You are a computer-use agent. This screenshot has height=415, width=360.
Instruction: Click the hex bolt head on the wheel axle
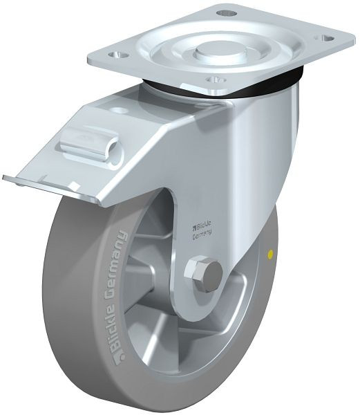click(203, 272)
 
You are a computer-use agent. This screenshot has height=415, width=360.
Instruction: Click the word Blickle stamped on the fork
click(202, 224)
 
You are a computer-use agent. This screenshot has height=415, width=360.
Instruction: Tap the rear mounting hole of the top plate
click(226, 13)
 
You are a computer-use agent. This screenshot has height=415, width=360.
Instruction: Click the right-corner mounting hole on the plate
click(328, 37)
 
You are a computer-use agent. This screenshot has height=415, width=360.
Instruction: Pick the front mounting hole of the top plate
click(215, 80)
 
